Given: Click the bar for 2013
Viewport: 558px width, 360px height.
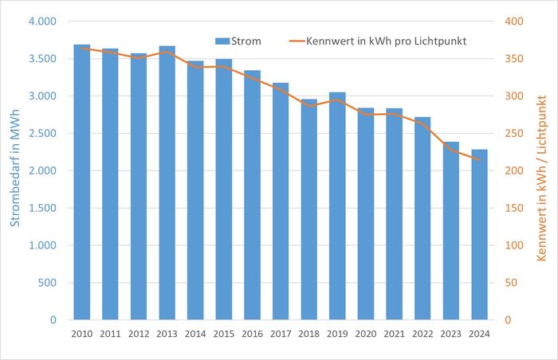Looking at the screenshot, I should point(167,182).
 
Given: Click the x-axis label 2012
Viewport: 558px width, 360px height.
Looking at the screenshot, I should point(138,334).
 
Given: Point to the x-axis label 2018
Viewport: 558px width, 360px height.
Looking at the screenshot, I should point(308,334).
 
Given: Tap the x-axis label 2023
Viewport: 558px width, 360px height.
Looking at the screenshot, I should point(451,334).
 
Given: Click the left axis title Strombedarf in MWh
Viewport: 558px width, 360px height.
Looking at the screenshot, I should point(15,170).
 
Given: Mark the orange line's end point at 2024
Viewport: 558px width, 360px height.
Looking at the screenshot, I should point(479,161).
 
